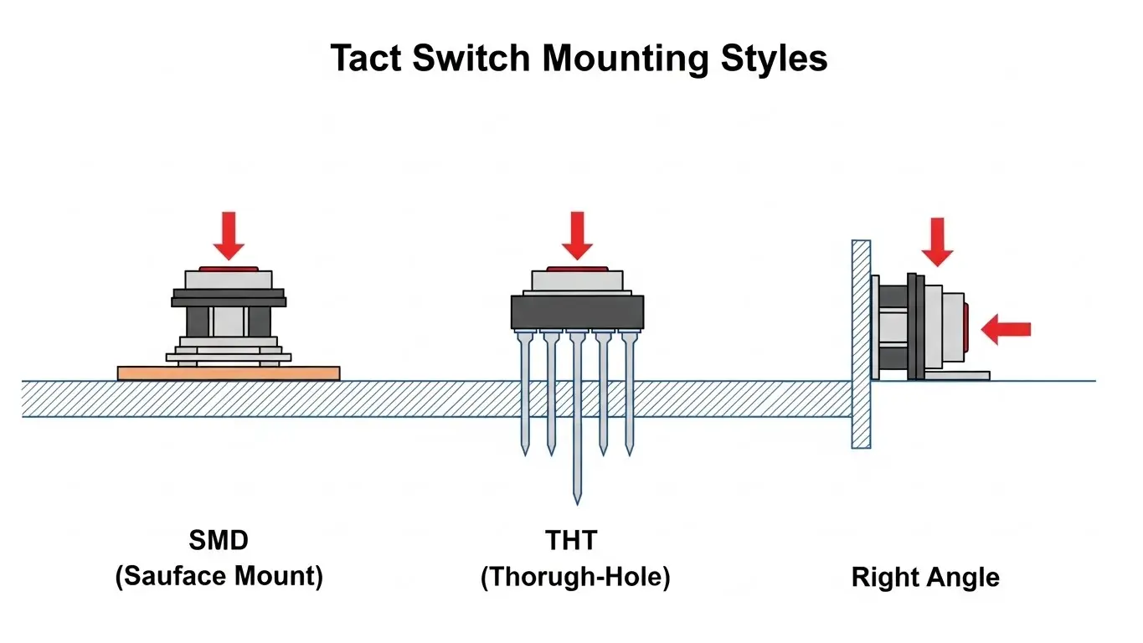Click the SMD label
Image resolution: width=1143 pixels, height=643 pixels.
(x=219, y=541)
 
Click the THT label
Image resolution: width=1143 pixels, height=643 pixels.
(x=572, y=541)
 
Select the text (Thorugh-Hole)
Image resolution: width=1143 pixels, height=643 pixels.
(x=575, y=579)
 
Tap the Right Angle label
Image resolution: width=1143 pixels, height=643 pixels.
(x=925, y=578)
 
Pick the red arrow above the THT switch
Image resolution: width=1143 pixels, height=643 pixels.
(x=577, y=236)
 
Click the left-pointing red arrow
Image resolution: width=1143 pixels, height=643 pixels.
(x=1006, y=330)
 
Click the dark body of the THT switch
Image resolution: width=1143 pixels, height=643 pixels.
(x=578, y=312)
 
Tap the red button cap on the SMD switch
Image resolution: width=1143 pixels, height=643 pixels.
(x=229, y=268)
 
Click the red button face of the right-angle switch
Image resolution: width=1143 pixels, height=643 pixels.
(x=967, y=326)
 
